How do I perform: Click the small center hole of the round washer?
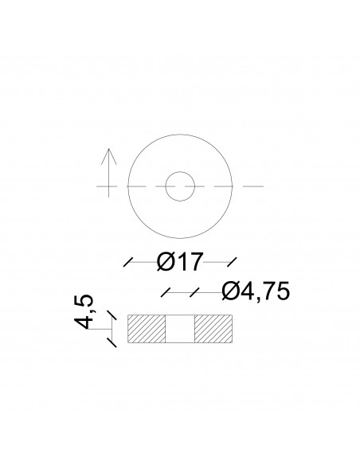coord(180,186)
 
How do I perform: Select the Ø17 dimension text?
coord(180,260)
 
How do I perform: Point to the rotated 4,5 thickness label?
coord(84,312)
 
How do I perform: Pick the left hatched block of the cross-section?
coord(147,328)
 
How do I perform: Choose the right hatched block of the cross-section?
coord(213,328)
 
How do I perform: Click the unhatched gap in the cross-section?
coord(180,328)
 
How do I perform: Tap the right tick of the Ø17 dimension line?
coord(231,260)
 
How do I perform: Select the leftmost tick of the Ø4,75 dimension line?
coord(166,292)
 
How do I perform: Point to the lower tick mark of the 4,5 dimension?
coord(112,342)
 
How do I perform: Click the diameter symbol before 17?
coord(166,260)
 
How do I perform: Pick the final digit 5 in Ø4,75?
coord(277,292)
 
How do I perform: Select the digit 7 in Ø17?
coord(196,260)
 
